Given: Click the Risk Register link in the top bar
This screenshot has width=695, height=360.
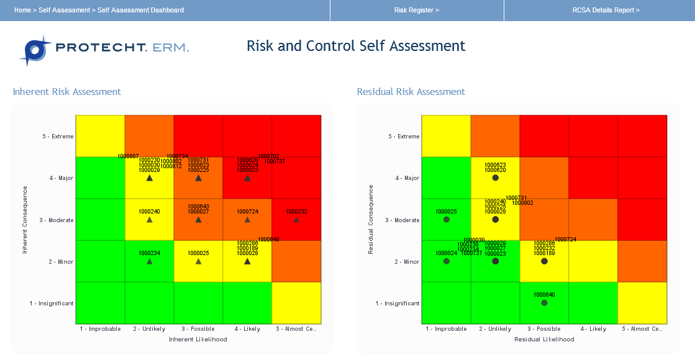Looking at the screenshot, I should (416, 10).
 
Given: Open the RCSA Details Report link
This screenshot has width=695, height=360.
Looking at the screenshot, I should (606, 10).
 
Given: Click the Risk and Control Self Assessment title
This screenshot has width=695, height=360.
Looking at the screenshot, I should (356, 46).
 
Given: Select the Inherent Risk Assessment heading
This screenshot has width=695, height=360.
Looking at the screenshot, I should (67, 92).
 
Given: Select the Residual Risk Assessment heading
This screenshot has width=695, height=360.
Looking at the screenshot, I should (411, 92).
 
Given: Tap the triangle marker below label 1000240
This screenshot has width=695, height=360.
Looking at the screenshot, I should (149, 220).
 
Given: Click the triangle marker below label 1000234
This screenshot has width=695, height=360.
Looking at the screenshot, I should (149, 261).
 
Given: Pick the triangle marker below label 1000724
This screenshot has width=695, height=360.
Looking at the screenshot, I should (247, 220).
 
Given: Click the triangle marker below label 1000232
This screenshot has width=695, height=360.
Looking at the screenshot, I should (296, 220).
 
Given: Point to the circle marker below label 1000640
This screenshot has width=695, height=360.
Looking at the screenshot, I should (544, 303).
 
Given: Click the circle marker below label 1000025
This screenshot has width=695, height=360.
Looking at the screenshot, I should (446, 220).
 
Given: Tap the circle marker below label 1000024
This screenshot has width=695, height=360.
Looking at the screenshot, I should (446, 261).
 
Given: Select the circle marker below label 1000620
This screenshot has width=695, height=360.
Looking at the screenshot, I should (495, 178).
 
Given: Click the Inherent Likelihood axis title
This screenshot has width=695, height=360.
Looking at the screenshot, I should (198, 340).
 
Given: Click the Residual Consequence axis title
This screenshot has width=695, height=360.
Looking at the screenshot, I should (371, 219).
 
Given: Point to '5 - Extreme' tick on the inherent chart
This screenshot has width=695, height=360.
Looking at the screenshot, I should (54, 137).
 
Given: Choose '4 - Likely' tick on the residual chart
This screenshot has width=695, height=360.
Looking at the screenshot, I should (593, 329).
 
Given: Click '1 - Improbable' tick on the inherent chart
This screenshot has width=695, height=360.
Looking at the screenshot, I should (100, 329).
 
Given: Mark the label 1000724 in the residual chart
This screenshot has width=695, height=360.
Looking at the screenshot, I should (565, 240).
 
